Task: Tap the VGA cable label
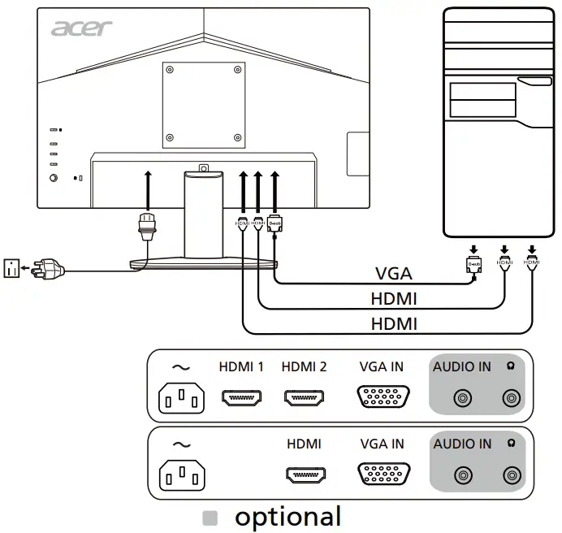[393, 273]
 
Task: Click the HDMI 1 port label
[241, 366]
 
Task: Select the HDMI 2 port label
[304, 366]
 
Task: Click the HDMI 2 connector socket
[304, 398]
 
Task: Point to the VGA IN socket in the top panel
[382, 398]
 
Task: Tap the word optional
[287, 516]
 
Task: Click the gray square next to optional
[210, 517]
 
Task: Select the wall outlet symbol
[11, 267]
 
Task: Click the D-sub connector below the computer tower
[475, 263]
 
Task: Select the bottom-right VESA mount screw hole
[237, 136]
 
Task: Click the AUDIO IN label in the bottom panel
[462, 444]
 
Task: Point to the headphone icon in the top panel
[510, 366]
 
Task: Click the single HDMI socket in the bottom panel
[304, 475]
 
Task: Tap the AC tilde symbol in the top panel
[182, 367]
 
